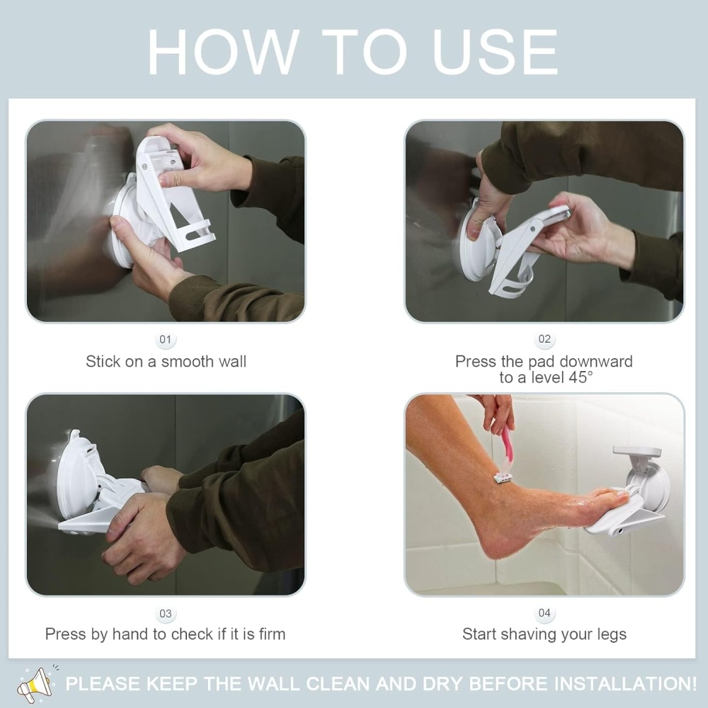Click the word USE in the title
(495, 52)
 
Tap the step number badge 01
(165, 339)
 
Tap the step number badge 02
(544, 339)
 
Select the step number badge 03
(165, 614)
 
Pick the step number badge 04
(544, 612)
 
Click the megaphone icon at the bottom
(35, 684)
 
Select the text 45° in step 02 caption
(581, 377)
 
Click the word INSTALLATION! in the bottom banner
(627, 684)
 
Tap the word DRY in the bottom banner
(442, 684)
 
